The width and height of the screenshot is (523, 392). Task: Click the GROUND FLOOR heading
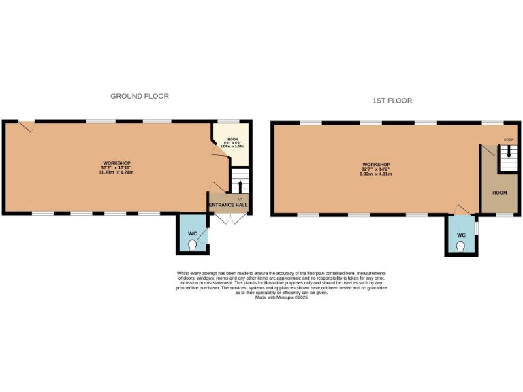point(140,97)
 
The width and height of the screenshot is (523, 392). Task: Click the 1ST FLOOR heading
point(392,101)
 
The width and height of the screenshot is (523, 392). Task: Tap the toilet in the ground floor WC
point(192,244)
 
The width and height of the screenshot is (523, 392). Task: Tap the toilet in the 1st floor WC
point(460,248)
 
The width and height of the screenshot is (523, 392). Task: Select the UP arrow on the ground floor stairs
point(240,187)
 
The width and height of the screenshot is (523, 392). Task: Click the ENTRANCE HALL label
point(228,205)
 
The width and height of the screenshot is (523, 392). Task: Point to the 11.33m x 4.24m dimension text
point(116,172)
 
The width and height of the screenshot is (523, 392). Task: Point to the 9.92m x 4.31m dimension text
point(376,174)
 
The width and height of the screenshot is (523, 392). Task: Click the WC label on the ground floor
point(192,233)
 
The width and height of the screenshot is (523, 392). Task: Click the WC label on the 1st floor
point(461,235)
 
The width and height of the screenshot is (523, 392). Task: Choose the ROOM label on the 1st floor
point(500,193)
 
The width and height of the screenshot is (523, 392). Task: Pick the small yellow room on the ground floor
point(232,142)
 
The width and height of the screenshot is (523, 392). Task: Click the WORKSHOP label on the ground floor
point(116,163)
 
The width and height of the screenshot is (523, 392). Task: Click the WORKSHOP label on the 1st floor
point(376,165)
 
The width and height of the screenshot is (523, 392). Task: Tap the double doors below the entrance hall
point(228,218)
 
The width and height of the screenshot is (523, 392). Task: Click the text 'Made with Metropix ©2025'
point(281,297)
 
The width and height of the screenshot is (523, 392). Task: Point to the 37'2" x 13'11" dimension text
point(116,167)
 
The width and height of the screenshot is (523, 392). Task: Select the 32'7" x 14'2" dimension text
point(376,169)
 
